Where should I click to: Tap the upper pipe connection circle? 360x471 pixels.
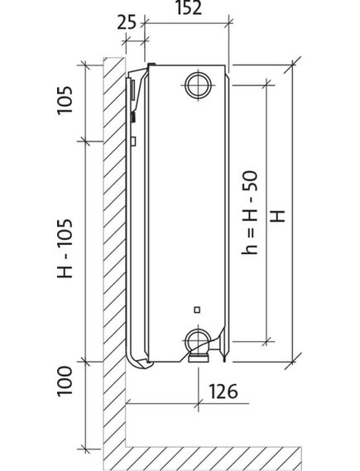(x=199, y=84)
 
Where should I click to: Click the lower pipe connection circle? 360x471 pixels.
(x=198, y=339)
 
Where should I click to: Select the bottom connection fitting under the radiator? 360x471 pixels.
(x=198, y=357)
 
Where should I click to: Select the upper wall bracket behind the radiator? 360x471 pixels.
(x=130, y=95)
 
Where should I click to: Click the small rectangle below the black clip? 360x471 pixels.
(x=133, y=142)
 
